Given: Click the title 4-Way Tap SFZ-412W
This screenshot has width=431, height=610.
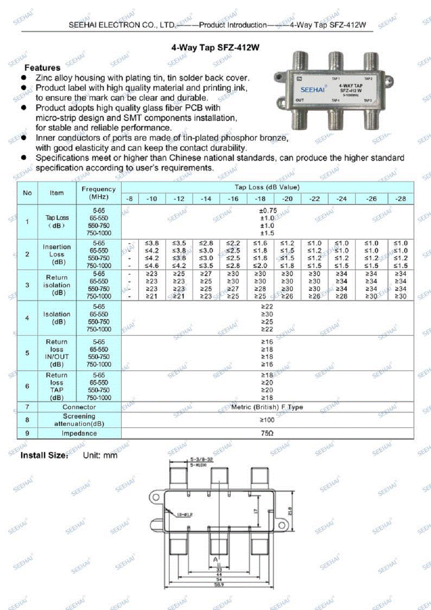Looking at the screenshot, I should [215, 47].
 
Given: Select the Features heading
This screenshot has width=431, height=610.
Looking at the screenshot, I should [42, 68].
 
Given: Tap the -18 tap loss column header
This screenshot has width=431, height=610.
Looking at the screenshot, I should [260, 199].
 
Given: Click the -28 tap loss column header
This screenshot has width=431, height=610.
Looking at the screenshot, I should [401, 199].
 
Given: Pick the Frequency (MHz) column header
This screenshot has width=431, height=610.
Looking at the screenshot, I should [99, 193].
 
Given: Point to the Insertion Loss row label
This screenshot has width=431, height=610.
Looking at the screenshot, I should [56, 254].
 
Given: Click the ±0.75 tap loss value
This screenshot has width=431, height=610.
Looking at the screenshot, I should [268, 211].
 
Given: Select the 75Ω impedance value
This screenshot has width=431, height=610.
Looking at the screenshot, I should [267, 433].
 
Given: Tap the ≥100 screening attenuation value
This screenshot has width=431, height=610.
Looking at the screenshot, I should [267, 420].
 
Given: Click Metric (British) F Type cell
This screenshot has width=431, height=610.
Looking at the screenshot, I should [267, 407].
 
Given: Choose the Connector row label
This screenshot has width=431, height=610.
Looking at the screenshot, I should [79, 407].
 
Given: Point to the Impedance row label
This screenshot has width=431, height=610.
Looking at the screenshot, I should [79, 433].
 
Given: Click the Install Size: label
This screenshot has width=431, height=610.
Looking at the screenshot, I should [44, 455].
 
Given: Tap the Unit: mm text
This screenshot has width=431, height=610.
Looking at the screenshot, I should [100, 455].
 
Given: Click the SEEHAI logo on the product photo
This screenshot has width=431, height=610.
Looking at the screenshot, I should [312, 90].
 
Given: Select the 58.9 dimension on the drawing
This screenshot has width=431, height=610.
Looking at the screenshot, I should [219, 585].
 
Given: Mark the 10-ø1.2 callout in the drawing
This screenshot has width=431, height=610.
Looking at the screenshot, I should [184, 515].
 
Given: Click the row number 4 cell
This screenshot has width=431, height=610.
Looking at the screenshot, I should [27, 318].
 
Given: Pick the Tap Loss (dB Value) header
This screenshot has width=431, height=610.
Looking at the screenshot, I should [267, 187].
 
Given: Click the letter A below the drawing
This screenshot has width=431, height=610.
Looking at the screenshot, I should [215, 560].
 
